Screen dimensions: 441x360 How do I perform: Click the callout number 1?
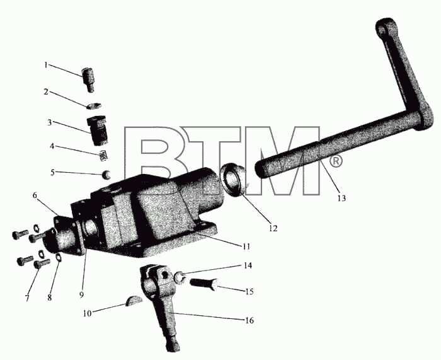45,65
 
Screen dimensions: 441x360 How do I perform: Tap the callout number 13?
341,198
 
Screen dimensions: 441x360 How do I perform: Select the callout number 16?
249,320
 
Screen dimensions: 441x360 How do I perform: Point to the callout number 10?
87,313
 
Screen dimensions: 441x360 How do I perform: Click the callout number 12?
273,228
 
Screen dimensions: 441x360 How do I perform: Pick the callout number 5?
52,172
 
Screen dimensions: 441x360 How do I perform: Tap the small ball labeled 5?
106,175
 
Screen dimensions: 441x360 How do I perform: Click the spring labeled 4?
104,156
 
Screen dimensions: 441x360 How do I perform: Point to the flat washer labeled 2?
94,106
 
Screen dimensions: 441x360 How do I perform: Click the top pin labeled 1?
88,79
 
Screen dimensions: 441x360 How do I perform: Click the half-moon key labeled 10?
134,301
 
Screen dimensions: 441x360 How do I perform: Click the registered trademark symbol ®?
335,161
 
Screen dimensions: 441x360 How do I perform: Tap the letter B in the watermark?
156,161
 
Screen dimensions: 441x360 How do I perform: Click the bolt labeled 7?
42,264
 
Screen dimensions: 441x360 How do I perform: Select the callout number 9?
81,294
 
